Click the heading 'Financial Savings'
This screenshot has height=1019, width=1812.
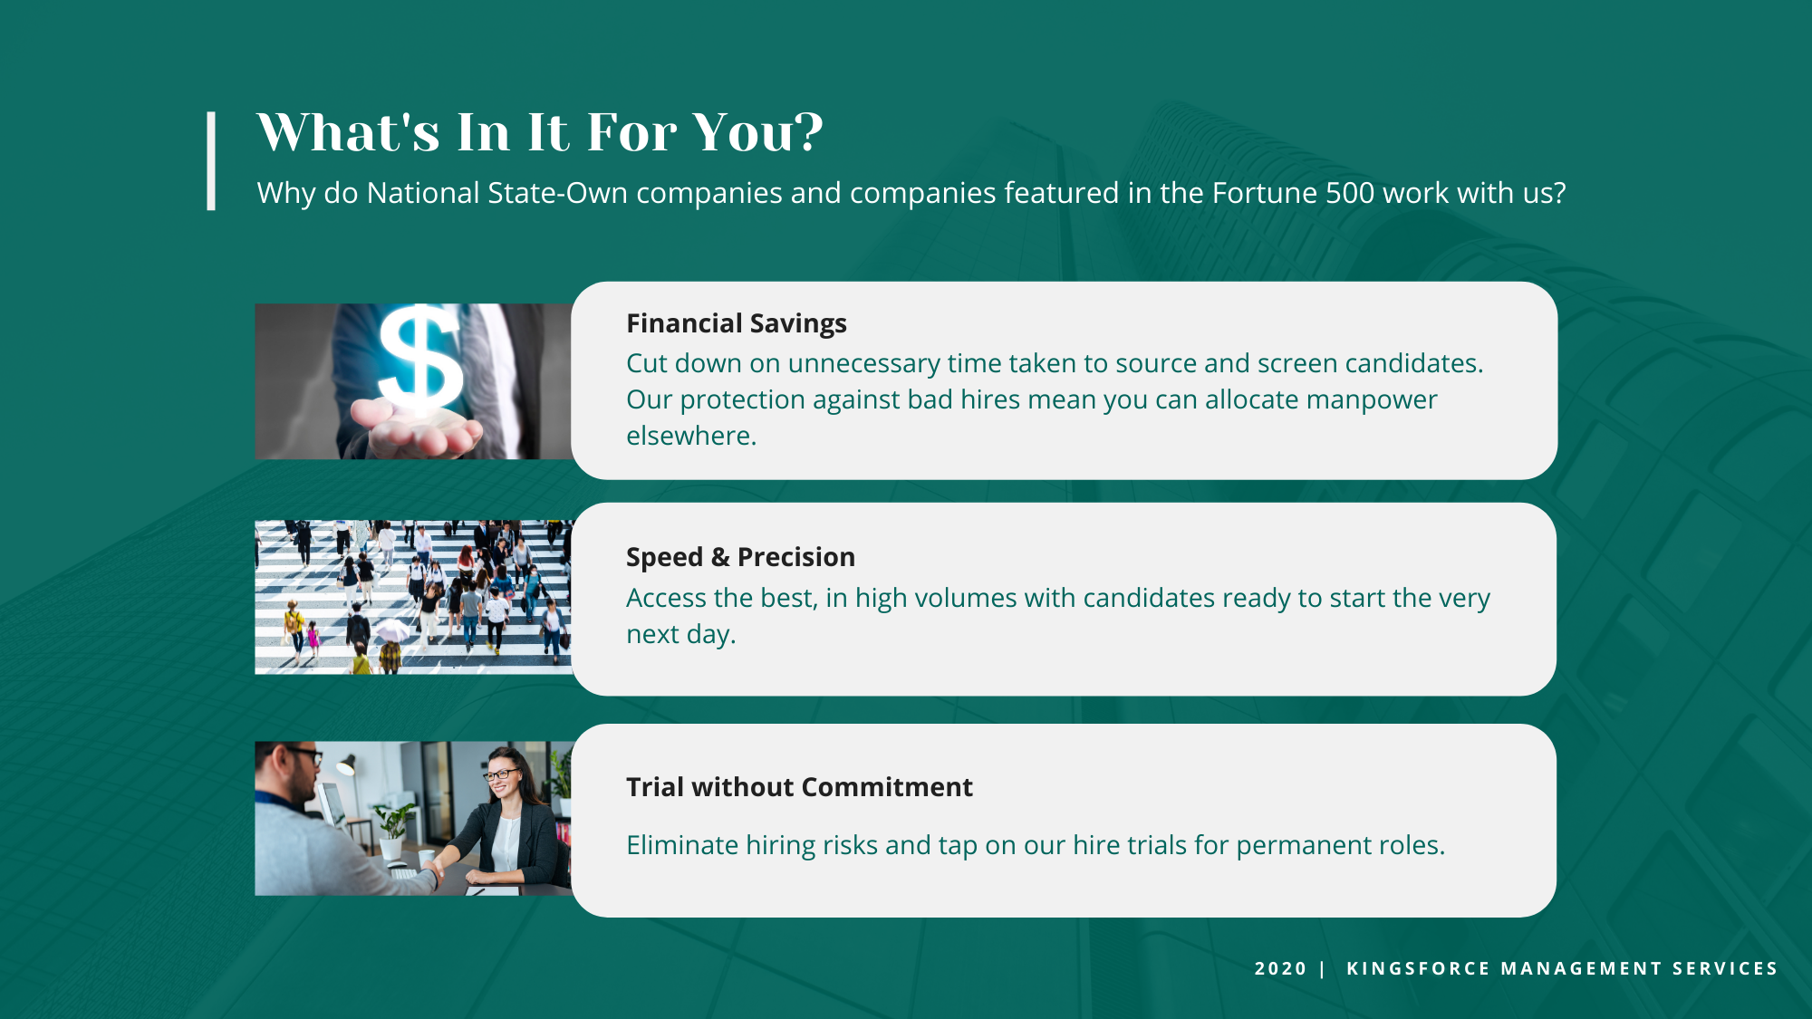[737, 323]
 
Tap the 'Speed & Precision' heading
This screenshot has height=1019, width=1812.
[740, 557]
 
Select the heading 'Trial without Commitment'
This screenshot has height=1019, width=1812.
[799, 787]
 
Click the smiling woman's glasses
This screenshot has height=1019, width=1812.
[501, 774]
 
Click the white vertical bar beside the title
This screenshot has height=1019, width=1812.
[211, 161]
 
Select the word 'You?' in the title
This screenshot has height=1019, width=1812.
[758, 132]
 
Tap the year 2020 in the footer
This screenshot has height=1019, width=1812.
[1280, 968]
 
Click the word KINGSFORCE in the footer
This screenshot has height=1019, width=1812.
[1418, 968]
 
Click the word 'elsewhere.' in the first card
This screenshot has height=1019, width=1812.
[691, 436]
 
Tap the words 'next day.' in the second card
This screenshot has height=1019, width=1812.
[680, 634]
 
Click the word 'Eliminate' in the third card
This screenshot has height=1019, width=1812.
[682, 845]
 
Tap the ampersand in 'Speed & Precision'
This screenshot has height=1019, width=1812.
[720, 557]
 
